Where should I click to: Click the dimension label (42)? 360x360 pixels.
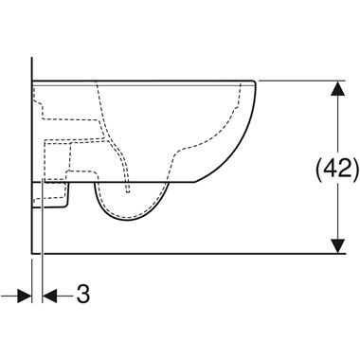coord(337,168)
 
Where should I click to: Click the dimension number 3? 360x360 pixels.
coord(83,294)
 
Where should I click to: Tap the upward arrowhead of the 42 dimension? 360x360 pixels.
coord(338,88)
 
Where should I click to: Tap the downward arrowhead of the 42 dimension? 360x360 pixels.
coord(338,246)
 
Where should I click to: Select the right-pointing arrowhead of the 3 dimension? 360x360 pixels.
coord(25,296)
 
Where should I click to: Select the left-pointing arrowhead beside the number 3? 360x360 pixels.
coord(49,296)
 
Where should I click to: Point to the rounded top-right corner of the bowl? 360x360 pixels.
coord(253,82)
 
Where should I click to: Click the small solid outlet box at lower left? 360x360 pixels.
coord(50,195)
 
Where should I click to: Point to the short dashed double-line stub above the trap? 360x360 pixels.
coord(128,187)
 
